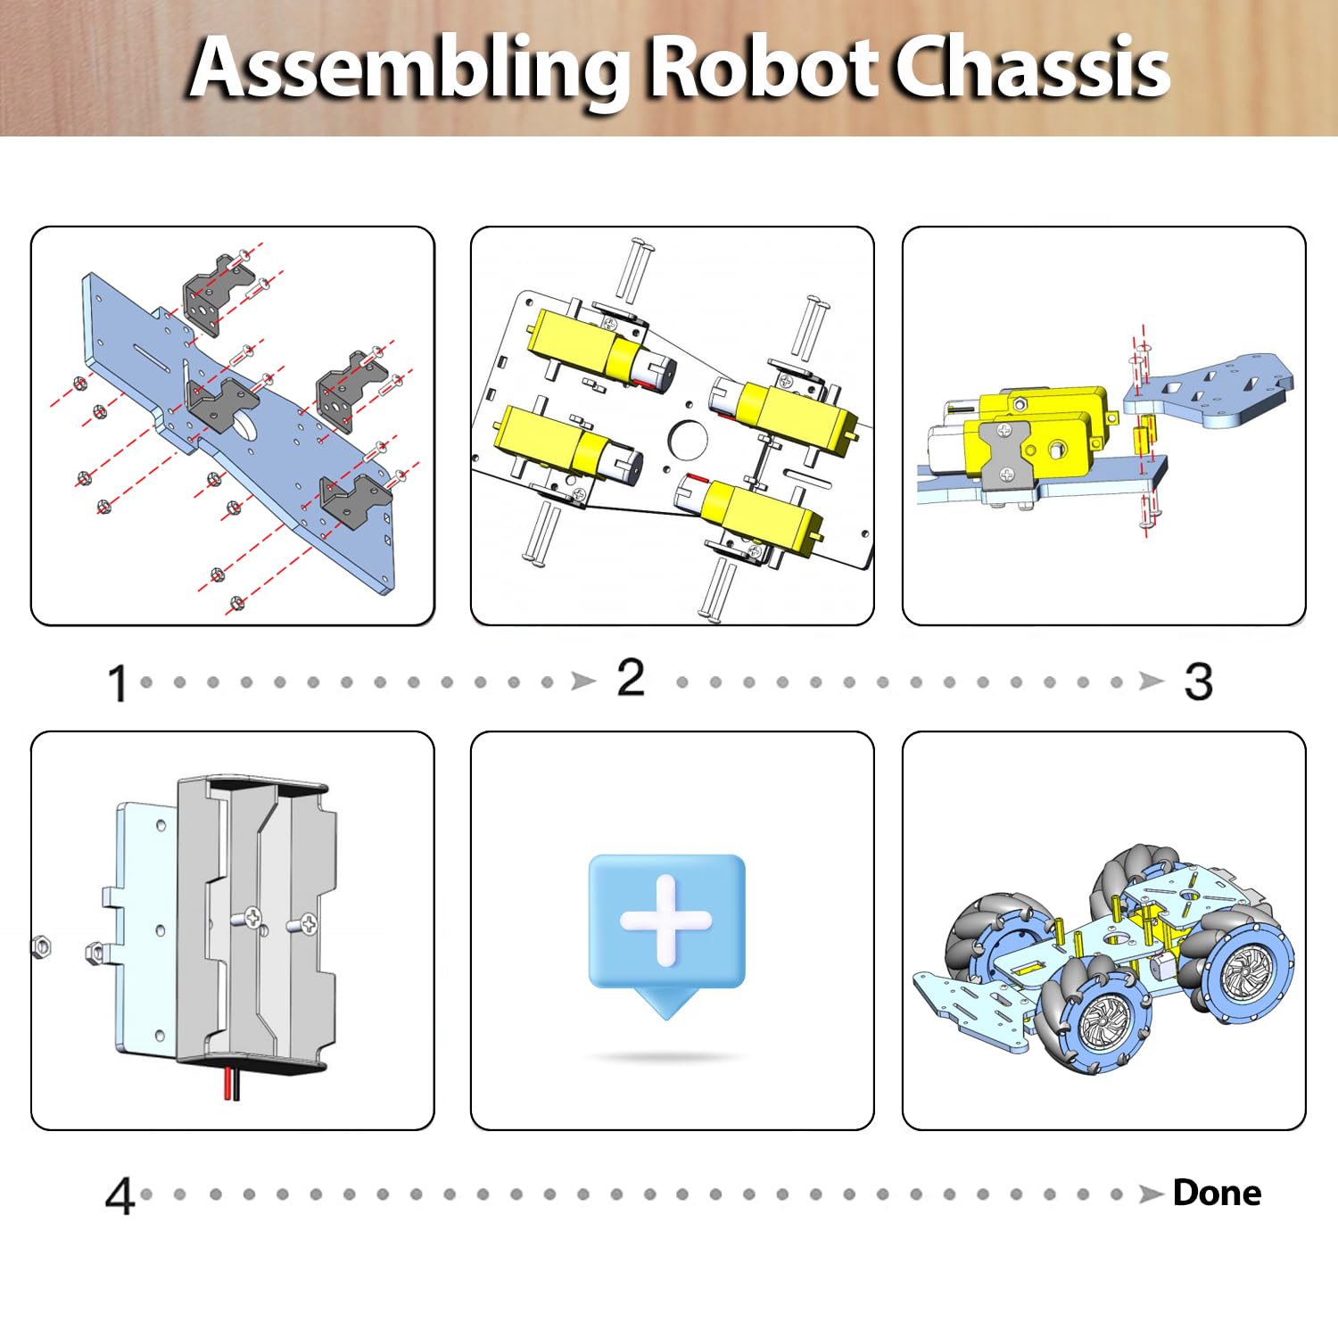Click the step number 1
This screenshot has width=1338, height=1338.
117,684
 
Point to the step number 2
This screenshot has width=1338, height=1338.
631,679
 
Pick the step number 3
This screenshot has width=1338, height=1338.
1198,682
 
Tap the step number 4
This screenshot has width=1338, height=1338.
120,1196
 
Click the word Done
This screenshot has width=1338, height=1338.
1217,1193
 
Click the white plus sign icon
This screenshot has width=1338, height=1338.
666,921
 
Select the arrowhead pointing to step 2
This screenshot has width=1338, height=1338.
583,682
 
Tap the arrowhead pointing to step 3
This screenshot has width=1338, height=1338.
1152,682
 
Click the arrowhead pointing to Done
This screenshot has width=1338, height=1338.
1152,1194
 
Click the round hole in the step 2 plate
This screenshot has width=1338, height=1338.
688,440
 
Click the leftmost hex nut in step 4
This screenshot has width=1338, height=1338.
40,946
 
